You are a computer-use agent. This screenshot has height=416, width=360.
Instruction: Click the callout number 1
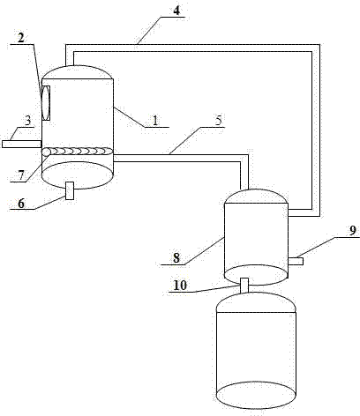pyautogui.click(x=155, y=120)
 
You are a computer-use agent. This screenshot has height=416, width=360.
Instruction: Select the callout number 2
pyautogui.click(x=21, y=38)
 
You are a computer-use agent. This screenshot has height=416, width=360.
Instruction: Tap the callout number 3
pyautogui.click(x=27, y=121)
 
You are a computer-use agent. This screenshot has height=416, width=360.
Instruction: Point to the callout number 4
pyautogui.click(x=176, y=11)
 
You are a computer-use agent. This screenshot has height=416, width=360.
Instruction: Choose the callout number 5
pyautogui.click(x=219, y=121)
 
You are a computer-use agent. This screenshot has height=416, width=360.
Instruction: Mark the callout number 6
pyautogui.click(x=21, y=204)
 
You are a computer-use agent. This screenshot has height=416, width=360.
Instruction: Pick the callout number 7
pyautogui.click(x=21, y=175)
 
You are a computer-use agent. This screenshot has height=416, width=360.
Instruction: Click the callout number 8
pyautogui.click(x=176, y=258)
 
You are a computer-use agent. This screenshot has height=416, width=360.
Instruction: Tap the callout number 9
pyautogui.click(x=353, y=231)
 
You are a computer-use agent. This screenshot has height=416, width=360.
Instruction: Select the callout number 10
pyautogui.click(x=180, y=286)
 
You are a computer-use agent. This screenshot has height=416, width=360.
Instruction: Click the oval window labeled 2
pyautogui.click(x=46, y=103)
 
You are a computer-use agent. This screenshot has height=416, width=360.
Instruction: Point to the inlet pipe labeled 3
pyautogui.click(x=21, y=144)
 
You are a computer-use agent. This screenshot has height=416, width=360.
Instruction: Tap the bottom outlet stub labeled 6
pyautogui.click(x=70, y=190)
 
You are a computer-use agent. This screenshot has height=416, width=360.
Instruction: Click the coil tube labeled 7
pyautogui.click(x=78, y=152)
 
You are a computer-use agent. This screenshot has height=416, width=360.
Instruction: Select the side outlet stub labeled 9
pyautogui.click(x=296, y=261)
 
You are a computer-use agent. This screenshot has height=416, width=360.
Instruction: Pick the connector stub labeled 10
pyautogui.click(x=244, y=285)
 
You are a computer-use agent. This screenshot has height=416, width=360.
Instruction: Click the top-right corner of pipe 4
pyautogui.click(x=319, y=44)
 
